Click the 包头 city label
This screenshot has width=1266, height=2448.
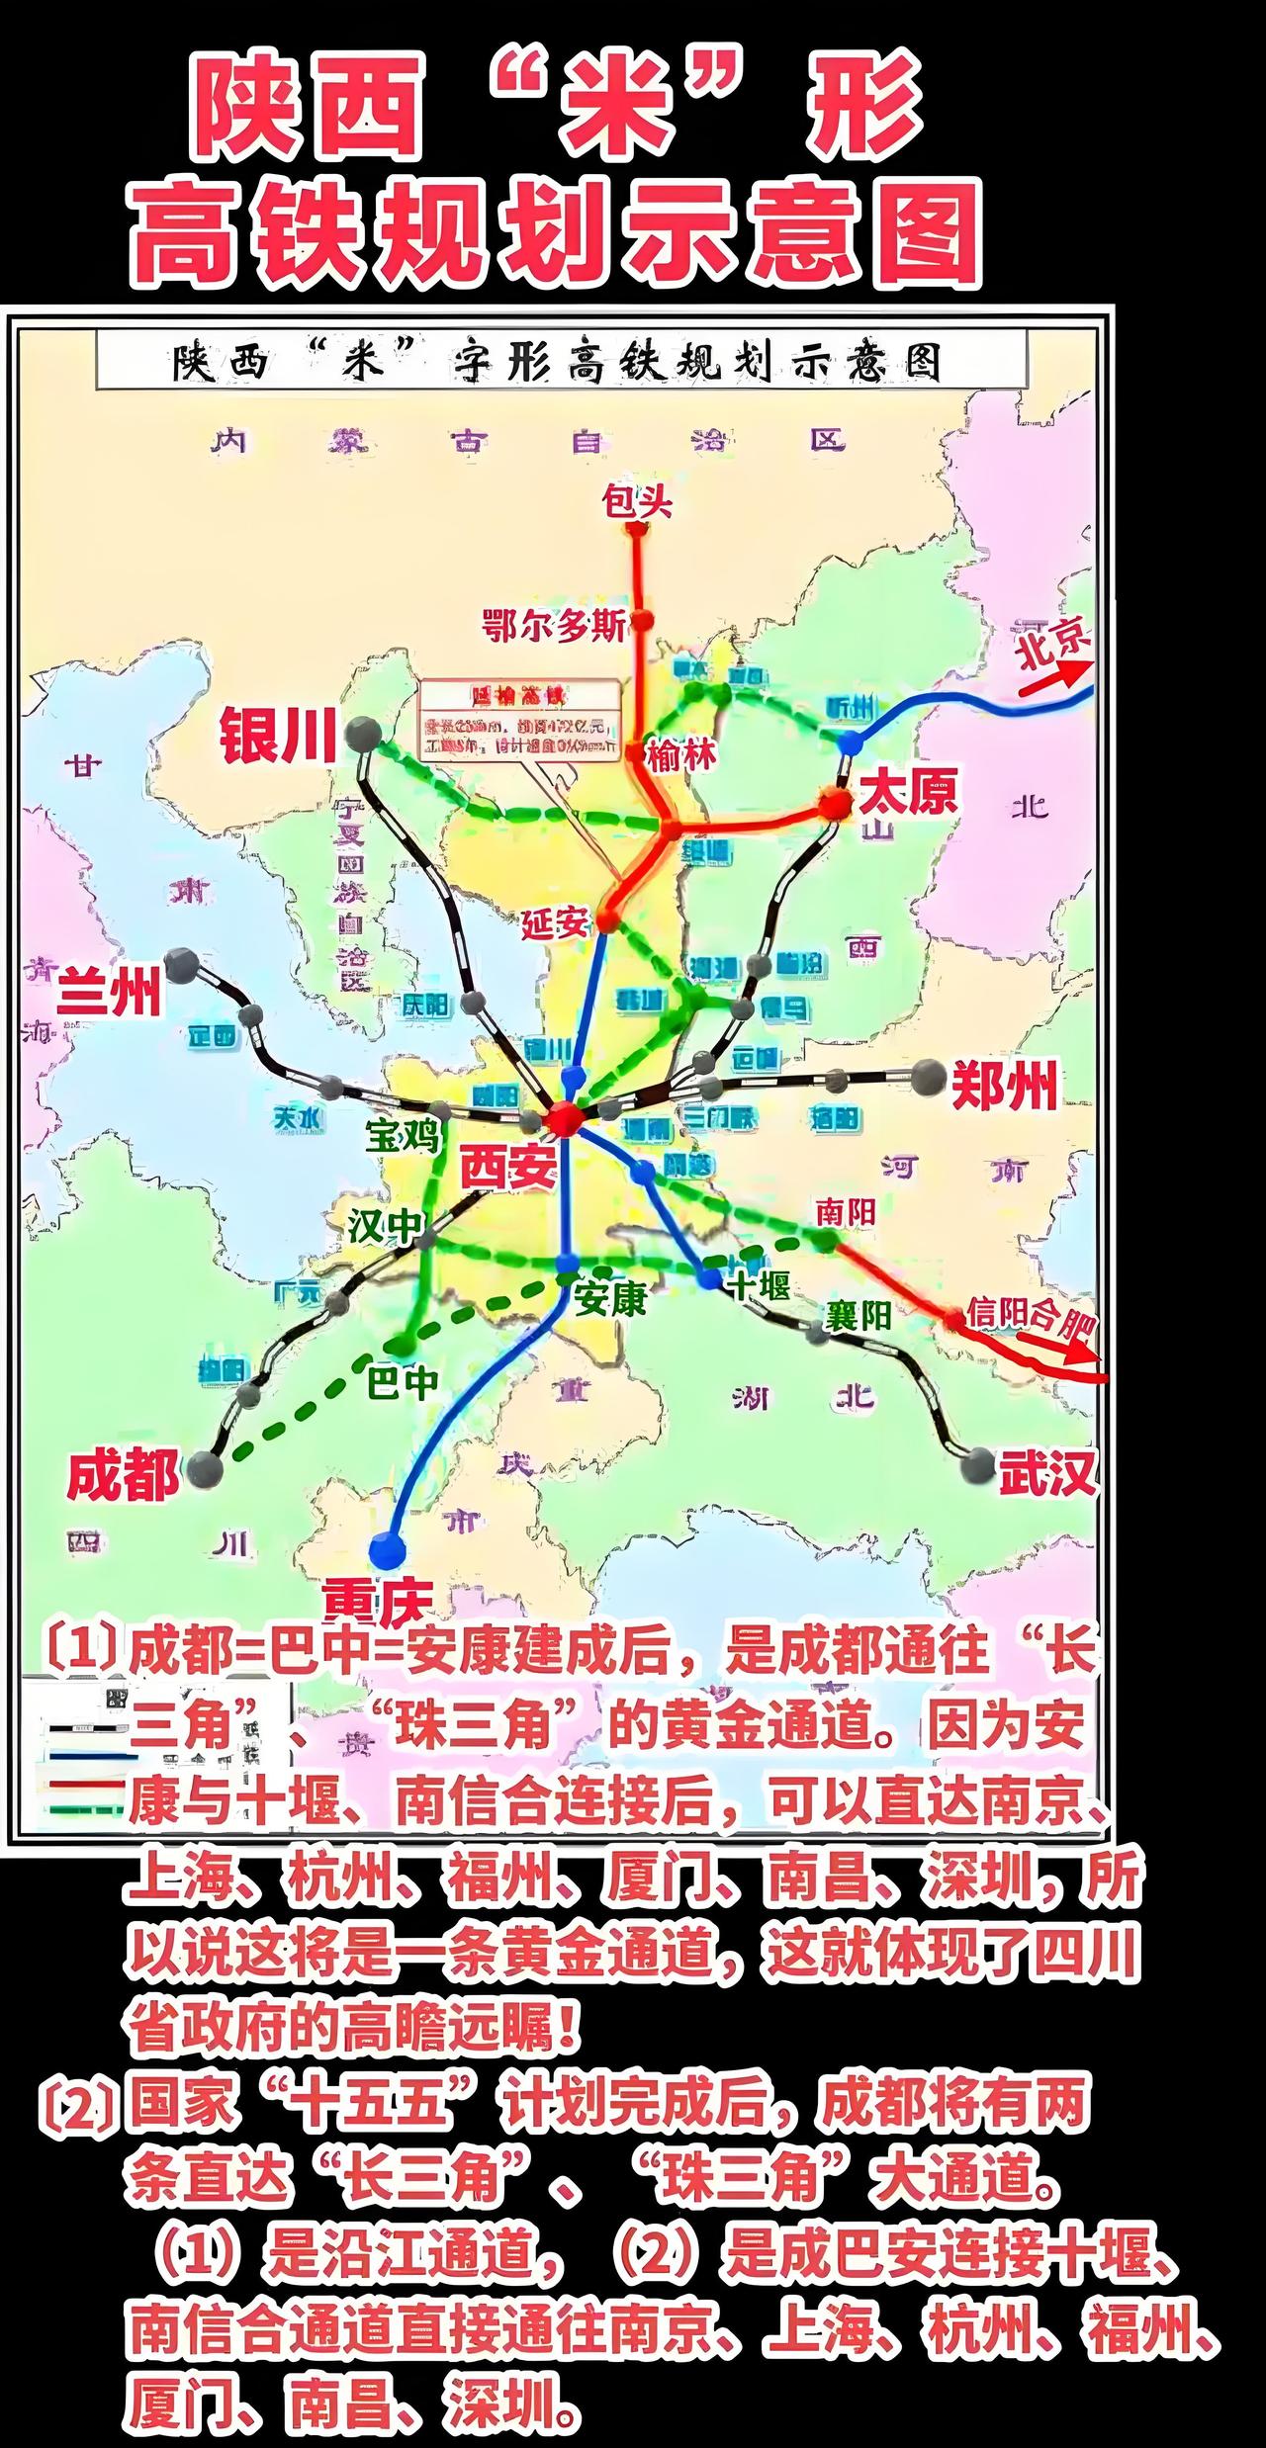pyautogui.click(x=637, y=502)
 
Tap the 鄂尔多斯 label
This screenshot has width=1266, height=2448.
pyautogui.click(x=554, y=626)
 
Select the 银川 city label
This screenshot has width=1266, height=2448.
pyautogui.click(x=278, y=736)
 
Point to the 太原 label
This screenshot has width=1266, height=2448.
pyautogui.click(x=908, y=793)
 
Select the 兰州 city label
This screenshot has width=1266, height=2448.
pyautogui.click(x=108, y=992)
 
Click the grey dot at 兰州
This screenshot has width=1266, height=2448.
pyautogui.click(x=182, y=965)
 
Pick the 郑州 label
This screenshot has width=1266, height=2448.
pyautogui.click(x=1005, y=1085)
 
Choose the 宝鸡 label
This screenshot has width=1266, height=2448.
pyautogui.click(x=402, y=1136)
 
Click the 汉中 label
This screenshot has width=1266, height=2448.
pyautogui.click(x=385, y=1226)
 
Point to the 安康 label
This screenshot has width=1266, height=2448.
pyautogui.click(x=610, y=1298)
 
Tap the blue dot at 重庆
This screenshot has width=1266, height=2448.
pyautogui.click(x=387, y=1549)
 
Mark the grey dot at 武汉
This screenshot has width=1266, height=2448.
pyautogui.click(x=979, y=1463)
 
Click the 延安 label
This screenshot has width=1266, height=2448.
pyautogui.click(x=555, y=923)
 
